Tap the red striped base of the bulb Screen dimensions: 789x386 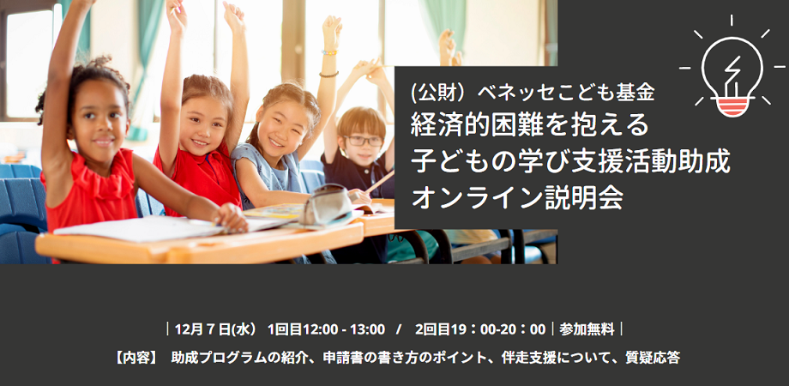(x=732, y=106)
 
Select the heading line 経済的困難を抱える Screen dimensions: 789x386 (x=530, y=126)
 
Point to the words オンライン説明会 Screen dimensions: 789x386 (x=518, y=197)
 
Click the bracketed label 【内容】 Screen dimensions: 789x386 (x=135, y=358)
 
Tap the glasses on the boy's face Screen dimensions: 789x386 (x=363, y=141)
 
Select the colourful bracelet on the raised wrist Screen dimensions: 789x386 (x=329, y=51)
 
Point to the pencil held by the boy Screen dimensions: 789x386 (x=380, y=182)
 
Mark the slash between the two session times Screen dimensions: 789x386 (x=399, y=330)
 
